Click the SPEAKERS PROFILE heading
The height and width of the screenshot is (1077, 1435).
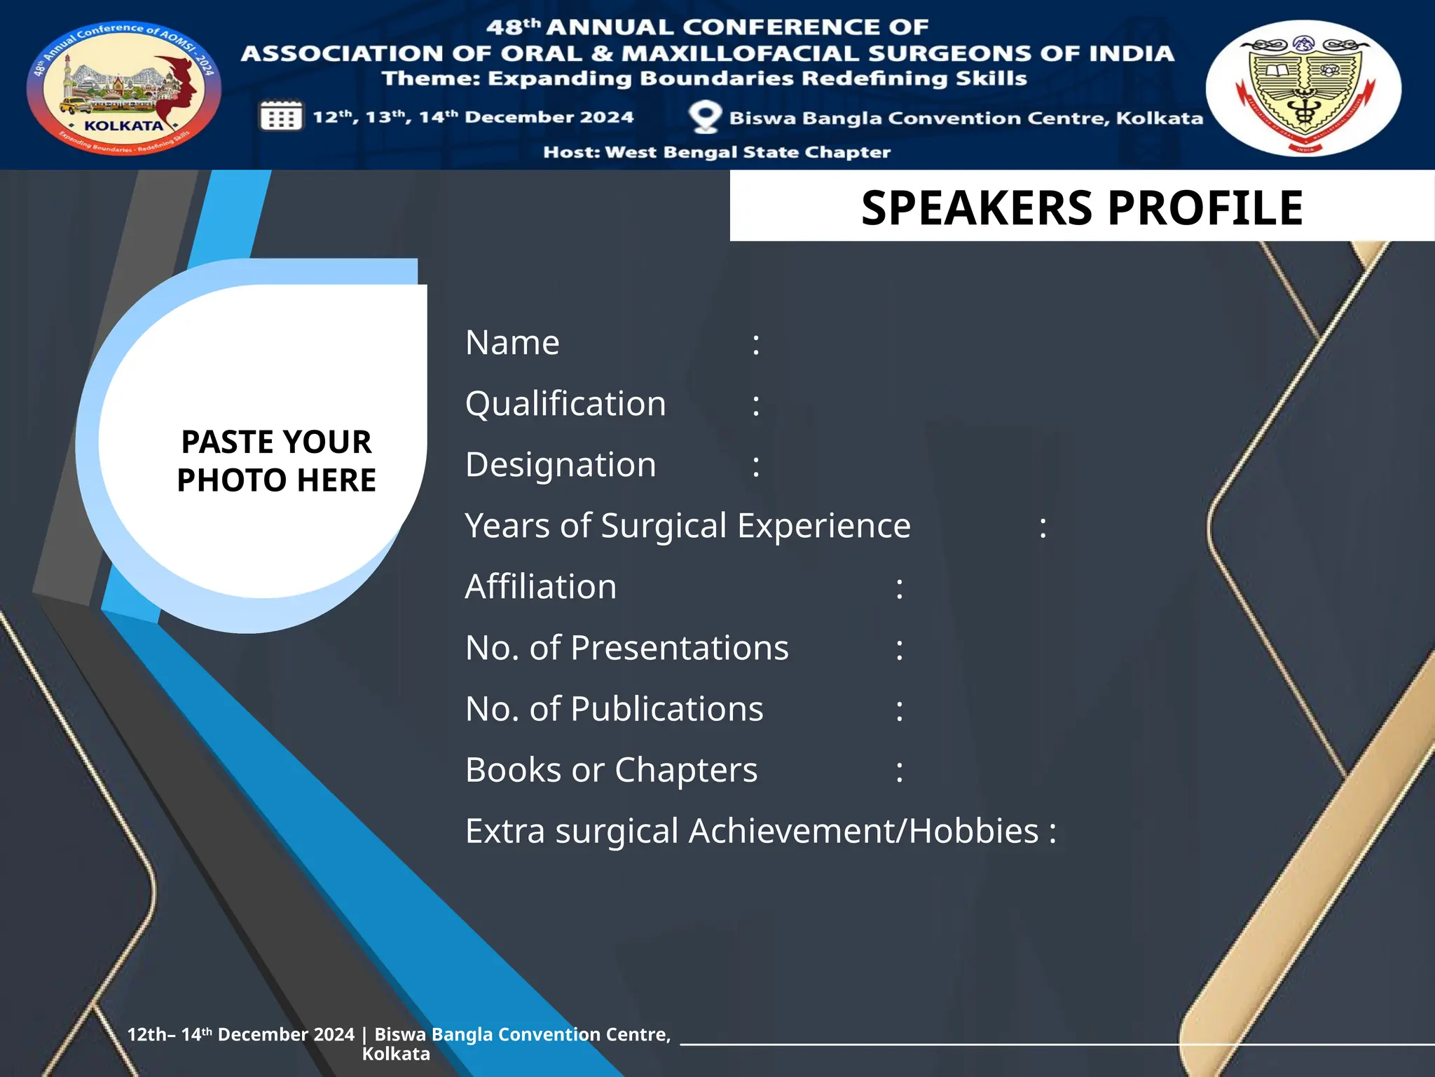pos(1082,208)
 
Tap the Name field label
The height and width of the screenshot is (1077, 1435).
pos(512,343)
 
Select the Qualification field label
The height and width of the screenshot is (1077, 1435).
pos(565,404)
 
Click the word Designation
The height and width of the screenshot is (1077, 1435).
pos(561,465)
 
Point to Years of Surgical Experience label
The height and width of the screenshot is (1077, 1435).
pos(687,526)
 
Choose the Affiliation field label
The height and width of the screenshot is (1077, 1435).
pos(541,587)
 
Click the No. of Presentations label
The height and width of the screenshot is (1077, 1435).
pos(626,648)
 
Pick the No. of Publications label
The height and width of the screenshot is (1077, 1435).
pos(614,709)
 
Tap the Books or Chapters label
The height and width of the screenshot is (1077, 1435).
pos(611,770)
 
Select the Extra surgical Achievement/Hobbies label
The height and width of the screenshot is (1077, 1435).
pos(752,831)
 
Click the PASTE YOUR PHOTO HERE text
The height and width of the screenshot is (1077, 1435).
pos(276,461)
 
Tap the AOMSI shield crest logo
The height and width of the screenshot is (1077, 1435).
pos(1303,88)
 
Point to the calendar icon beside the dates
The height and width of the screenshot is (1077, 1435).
pos(281,116)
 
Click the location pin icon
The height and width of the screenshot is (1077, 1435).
pos(704,116)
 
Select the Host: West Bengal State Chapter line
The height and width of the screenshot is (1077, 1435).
pos(717,152)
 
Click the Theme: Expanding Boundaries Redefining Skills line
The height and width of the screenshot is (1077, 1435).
pos(704,79)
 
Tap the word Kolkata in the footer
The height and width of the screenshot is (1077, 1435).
pos(396,1054)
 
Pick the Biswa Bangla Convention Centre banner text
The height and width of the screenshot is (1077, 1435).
pos(966,118)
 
